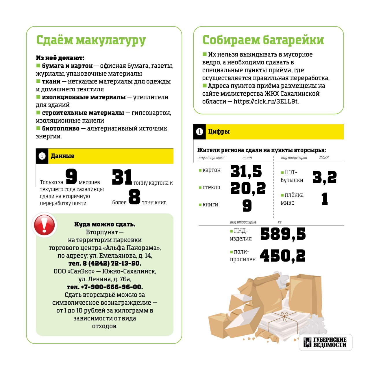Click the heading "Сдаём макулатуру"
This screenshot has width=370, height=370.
click(x=91, y=40)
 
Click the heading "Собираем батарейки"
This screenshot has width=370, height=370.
click(x=263, y=40)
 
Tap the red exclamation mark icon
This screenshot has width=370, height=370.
click(x=44, y=225)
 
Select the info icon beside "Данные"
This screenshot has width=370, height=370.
click(x=42, y=156)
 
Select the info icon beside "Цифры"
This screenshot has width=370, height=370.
click(x=199, y=132)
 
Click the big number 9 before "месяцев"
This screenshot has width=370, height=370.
click(x=71, y=176)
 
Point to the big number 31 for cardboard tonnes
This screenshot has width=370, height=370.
click(x=122, y=177)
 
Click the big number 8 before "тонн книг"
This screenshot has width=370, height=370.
click(x=134, y=197)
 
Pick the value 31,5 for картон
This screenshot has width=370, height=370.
click(x=246, y=171)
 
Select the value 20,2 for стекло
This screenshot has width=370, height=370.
click(x=248, y=188)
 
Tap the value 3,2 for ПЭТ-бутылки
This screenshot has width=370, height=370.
click(x=324, y=177)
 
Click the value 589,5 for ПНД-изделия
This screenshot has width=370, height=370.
click(x=283, y=234)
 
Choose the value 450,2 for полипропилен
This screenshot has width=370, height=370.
click(x=282, y=256)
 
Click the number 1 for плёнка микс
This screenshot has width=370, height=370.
click(x=325, y=199)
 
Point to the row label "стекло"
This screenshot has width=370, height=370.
click(x=211, y=187)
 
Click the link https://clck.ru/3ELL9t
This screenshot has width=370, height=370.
click(x=266, y=101)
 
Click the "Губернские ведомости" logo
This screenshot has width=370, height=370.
click(x=325, y=343)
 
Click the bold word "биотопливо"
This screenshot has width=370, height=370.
click(x=61, y=129)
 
